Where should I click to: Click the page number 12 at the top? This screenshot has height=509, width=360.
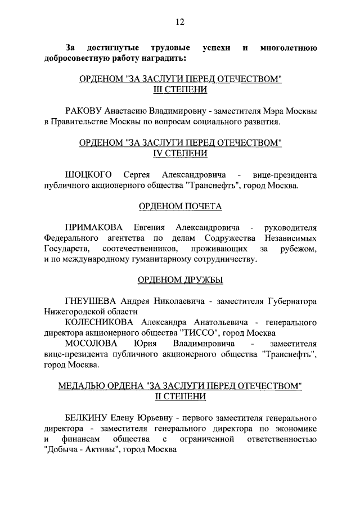180,22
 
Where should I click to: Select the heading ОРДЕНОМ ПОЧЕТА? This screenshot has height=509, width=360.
180,207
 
